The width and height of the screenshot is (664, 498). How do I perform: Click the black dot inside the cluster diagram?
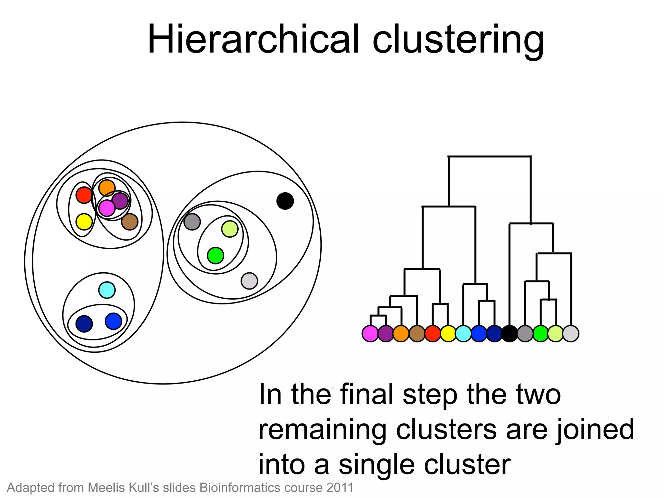(x=285, y=201)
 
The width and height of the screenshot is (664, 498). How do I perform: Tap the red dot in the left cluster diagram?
(x=84, y=195)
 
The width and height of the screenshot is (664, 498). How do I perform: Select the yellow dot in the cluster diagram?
(x=84, y=222)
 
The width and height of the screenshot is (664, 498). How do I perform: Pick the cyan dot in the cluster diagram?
(x=107, y=290)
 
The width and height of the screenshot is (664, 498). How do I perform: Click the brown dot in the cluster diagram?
(x=130, y=222)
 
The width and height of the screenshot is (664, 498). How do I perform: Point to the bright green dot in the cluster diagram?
(x=215, y=255)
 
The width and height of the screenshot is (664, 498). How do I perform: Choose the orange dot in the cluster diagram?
(x=107, y=188)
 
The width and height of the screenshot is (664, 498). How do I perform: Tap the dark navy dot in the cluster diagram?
(x=84, y=324)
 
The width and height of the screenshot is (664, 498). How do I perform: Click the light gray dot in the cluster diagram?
(x=249, y=281)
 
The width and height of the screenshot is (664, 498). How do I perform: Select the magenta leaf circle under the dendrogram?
(x=370, y=334)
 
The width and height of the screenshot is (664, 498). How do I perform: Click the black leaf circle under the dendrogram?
(x=509, y=334)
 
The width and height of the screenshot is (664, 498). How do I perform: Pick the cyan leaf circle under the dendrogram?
(x=463, y=334)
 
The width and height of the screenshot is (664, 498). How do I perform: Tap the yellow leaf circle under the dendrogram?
(x=448, y=334)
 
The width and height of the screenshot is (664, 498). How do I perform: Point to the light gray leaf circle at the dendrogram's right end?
(x=571, y=334)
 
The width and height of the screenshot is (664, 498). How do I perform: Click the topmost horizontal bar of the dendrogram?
(x=490, y=157)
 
